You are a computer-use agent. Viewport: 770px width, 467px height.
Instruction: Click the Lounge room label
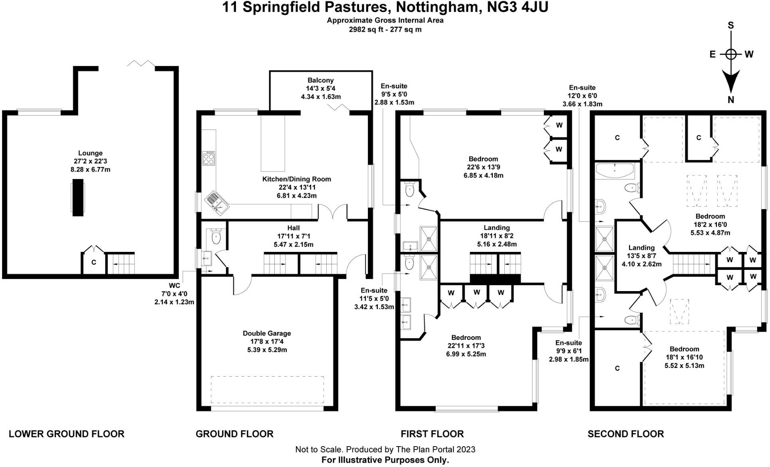(x=90, y=153)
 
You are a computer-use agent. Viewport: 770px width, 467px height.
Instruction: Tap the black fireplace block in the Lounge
(x=78, y=198)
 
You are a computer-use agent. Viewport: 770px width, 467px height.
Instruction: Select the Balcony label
(x=320, y=80)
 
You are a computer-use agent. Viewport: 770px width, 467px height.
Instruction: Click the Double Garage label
(x=267, y=333)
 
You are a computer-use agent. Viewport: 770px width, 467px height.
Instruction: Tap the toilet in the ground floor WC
(x=216, y=237)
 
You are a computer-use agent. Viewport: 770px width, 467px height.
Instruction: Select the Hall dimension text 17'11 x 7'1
(x=293, y=236)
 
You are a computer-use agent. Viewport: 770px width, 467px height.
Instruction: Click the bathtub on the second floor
(x=615, y=170)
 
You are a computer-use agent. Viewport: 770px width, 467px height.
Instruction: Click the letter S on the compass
(x=731, y=26)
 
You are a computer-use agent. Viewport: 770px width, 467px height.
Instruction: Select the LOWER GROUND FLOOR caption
(x=66, y=434)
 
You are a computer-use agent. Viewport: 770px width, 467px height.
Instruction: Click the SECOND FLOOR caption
(x=625, y=434)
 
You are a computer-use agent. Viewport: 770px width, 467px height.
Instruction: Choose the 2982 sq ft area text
(x=366, y=29)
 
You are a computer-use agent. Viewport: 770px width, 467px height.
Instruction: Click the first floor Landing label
(x=496, y=228)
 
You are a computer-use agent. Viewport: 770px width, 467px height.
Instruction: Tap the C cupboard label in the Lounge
(x=94, y=263)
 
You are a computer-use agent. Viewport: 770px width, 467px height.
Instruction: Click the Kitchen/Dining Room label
(x=296, y=179)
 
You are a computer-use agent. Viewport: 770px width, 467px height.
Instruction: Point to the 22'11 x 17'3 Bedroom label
(x=466, y=337)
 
